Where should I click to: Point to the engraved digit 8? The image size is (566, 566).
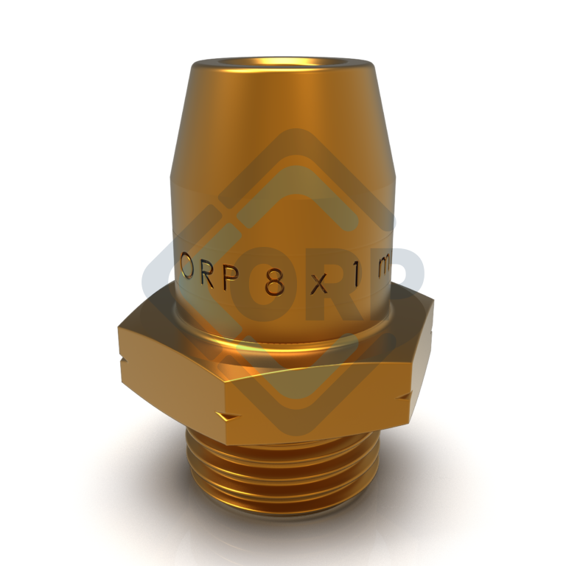[x=274, y=282]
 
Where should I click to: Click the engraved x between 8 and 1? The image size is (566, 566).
[x=318, y=284]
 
